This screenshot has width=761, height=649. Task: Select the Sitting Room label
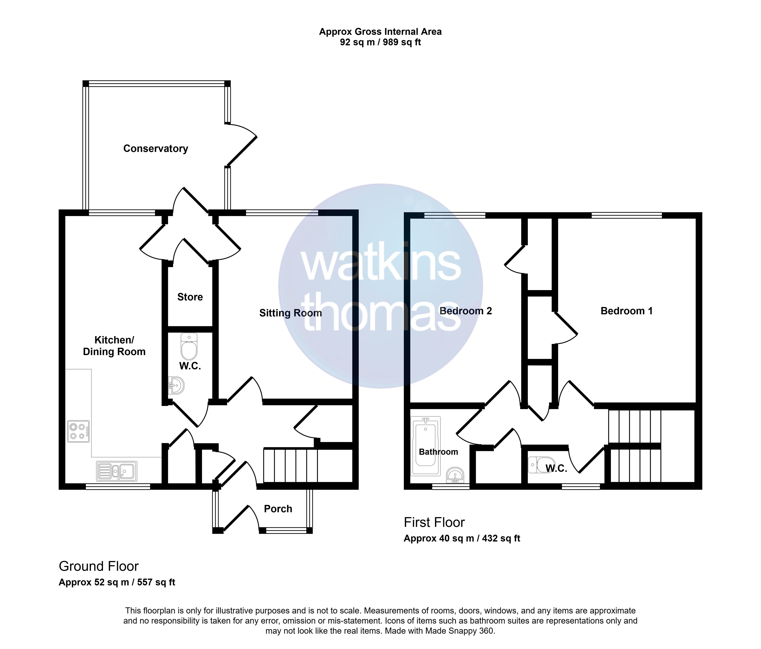point(291,313)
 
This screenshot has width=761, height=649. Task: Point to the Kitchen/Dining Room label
point(114,346)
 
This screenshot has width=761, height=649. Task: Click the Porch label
point(278,509)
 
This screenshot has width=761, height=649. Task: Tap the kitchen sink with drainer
point(116,471)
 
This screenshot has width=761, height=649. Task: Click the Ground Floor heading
point(99,567)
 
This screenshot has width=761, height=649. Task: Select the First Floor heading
point(434,523)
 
